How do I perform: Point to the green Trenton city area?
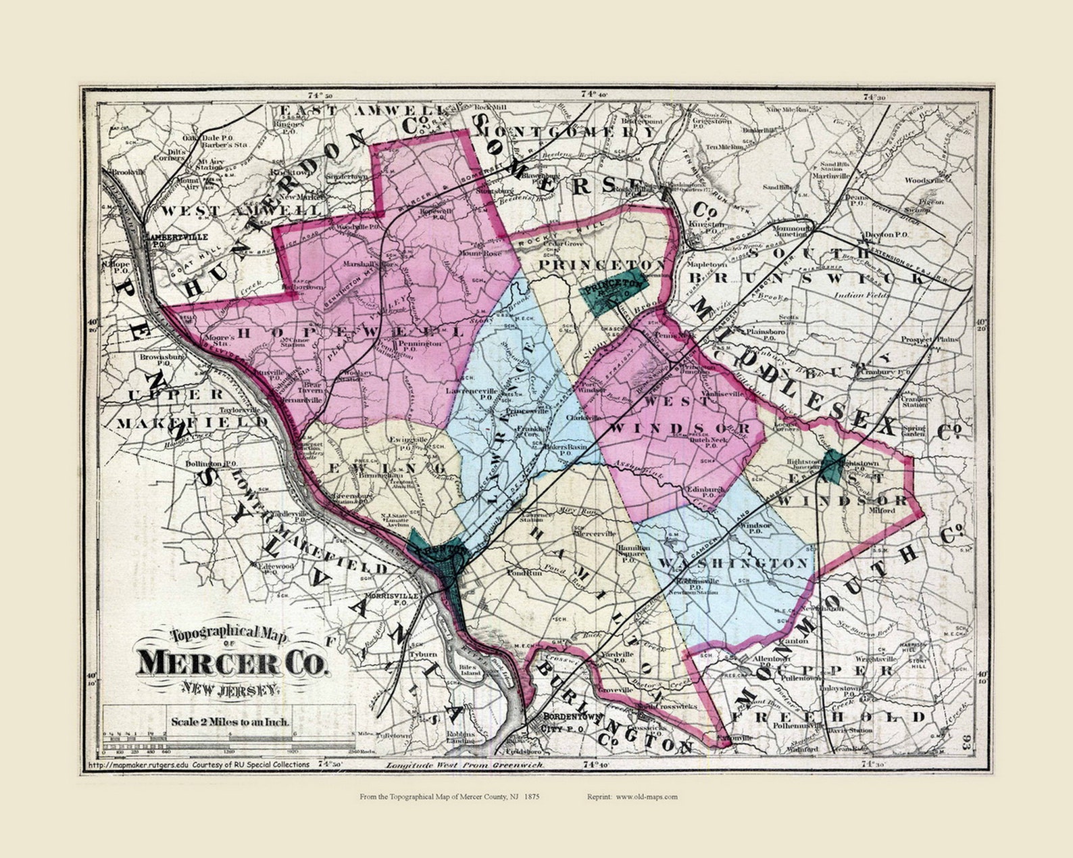coord(439,555)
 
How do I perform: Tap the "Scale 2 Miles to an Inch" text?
coord(230,721)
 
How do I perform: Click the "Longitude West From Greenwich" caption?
coord(464,765)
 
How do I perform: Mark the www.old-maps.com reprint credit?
coord(646,796)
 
